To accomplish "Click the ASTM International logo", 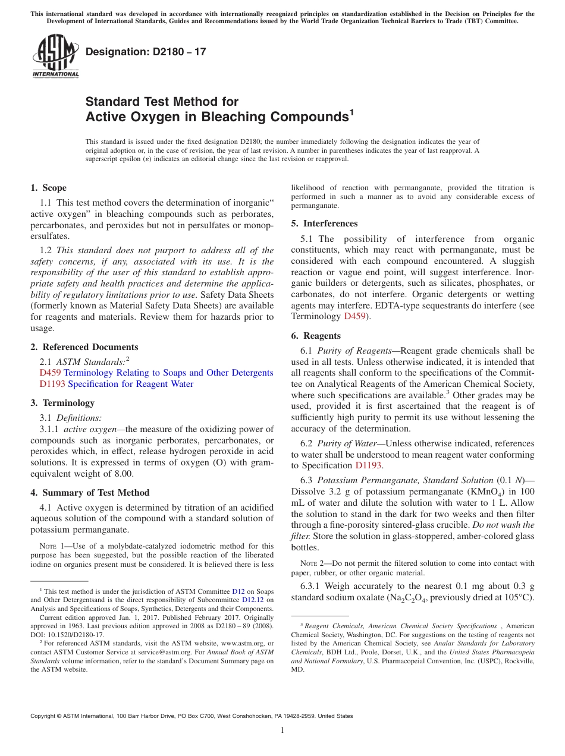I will pyautogui.click(x=55, y=56).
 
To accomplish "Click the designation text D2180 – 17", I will pyautogui.click(x=146, y=52).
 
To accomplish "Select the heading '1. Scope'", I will pyautogui.click(x=48, y=188).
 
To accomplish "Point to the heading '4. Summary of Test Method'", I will pyautogui.click(x=90, y=493).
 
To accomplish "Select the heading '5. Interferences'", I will pyautogui.click(x=324, y=223).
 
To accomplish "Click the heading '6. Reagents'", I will pyautogui.click(x=316, y=336).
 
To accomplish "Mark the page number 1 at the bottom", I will pyautogui.click(x=282, y=730).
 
